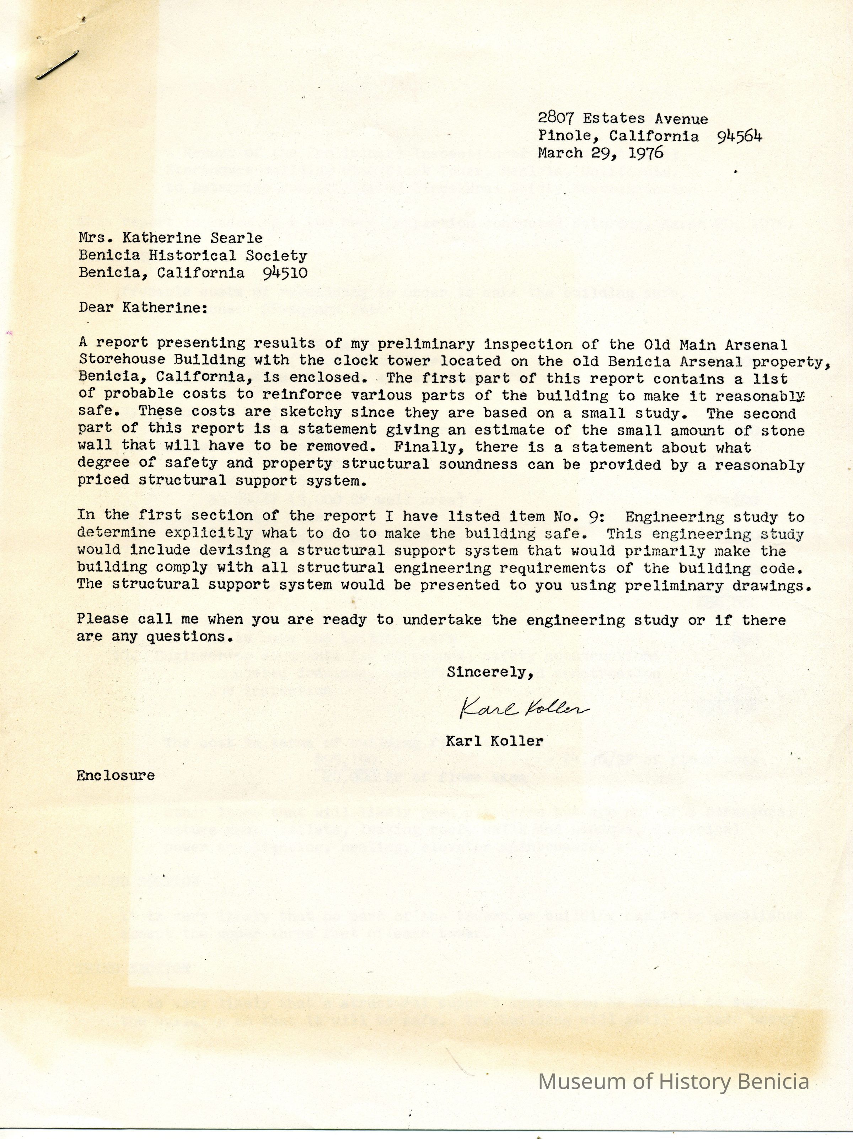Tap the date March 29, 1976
pos(600,153)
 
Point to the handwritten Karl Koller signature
pos(524,710)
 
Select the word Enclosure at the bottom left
pos(116,775)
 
